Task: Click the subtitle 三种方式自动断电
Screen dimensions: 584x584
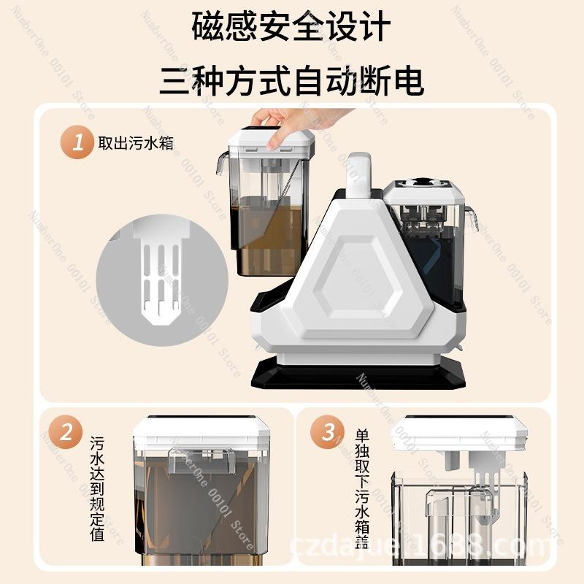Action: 292,79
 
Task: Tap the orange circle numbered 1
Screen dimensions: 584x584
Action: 77,142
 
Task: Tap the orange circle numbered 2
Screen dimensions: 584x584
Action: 66,433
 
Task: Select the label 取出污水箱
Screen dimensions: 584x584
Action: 136,143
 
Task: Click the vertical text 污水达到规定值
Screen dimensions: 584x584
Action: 97,489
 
